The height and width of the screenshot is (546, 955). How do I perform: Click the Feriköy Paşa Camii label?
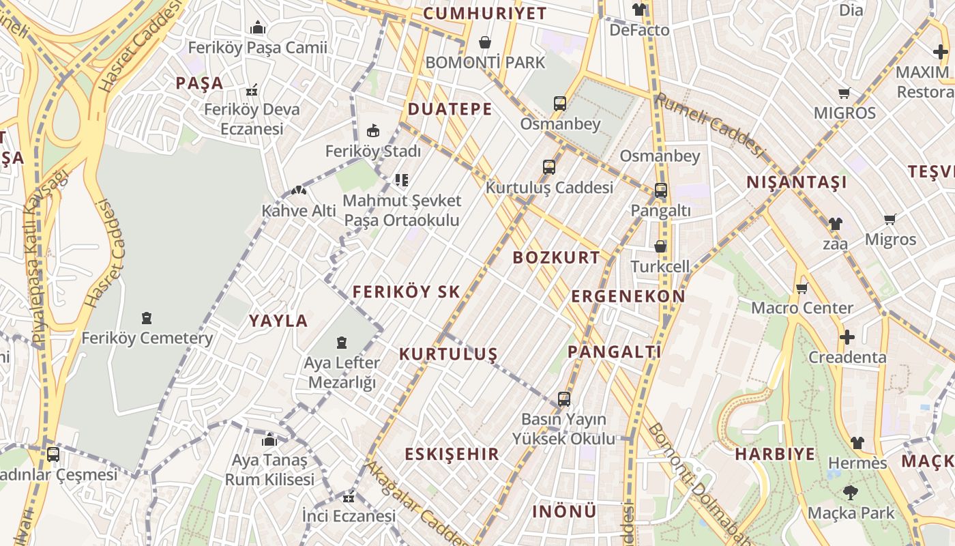257,48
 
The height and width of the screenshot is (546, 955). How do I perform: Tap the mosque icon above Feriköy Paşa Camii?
258,28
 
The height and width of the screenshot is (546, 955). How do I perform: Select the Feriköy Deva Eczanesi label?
252,119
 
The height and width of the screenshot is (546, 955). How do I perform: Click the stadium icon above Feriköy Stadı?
373,130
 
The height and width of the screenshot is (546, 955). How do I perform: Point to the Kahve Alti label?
299,211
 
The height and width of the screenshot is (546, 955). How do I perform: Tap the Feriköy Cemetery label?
147,338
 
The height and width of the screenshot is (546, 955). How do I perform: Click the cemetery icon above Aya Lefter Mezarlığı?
342,343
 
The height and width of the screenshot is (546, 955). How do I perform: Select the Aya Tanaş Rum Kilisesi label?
269,470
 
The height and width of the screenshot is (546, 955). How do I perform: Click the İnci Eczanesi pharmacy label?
349,516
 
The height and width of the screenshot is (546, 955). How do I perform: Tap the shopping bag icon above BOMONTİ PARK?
485,43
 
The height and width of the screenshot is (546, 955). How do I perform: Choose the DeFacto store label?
639,30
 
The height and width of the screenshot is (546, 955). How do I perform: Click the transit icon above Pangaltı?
660,190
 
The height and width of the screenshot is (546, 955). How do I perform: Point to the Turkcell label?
660,266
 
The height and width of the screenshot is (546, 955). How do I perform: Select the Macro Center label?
802,308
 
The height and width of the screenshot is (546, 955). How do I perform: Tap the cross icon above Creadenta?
847,337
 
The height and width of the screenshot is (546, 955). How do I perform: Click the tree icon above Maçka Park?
850,492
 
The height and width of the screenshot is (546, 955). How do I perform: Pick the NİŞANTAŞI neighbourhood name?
797,182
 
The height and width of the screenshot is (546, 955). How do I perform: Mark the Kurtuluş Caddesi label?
549,187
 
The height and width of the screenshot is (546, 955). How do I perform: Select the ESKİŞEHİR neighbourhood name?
452,454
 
